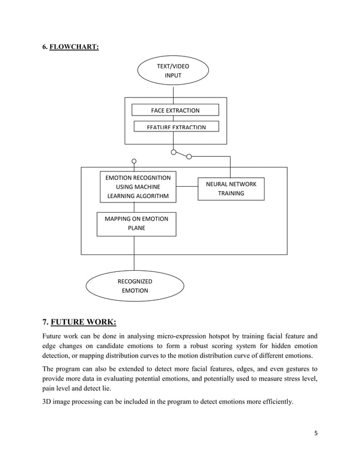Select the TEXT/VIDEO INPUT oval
tap(173, 71)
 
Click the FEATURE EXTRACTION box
tap(176, 126)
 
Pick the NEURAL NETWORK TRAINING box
tap(231, 189)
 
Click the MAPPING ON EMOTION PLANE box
tap(136, 223)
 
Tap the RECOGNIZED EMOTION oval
tap(134, 286)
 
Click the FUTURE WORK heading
tap(83, 322)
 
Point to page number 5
tap(316, 433)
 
